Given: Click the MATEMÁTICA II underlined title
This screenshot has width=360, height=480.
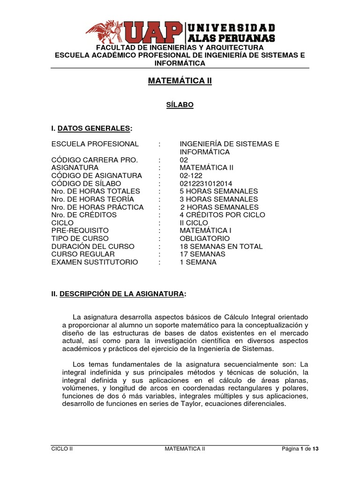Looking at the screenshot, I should [180, 81].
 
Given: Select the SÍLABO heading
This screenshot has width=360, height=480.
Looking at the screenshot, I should [180, 105].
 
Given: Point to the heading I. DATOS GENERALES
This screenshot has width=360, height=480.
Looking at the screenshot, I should [92, 128].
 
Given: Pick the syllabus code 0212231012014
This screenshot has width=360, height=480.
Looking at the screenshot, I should [206, 183].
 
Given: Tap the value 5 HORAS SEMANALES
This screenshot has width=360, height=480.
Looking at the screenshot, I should [219, 191].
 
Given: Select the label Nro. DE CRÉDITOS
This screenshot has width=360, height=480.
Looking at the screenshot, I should [84, 215].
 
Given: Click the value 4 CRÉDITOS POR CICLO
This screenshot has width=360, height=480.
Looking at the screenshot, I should [222, 215].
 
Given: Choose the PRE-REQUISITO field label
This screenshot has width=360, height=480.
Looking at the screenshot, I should [80, 231].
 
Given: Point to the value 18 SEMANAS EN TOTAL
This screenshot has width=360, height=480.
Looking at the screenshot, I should [221, 247].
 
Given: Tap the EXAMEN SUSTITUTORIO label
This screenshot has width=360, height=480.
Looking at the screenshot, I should [95, 262].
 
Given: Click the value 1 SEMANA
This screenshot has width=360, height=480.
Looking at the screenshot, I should [198, 262].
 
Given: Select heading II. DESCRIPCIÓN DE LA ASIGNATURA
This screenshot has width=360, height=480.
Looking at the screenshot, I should [119, 294].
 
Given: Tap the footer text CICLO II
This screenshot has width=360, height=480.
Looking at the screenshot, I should [62, 449].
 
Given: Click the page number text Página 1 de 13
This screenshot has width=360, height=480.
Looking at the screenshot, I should [300, 449].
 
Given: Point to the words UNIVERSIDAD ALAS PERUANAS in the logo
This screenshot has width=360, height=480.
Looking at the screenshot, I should [231, 33].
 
